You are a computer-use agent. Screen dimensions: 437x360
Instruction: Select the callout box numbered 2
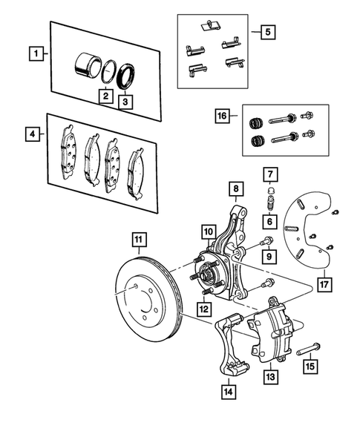[106, 96]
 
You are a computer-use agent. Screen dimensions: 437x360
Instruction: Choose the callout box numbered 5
[266, 32]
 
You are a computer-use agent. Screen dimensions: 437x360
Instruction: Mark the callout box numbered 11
[138, 239]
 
